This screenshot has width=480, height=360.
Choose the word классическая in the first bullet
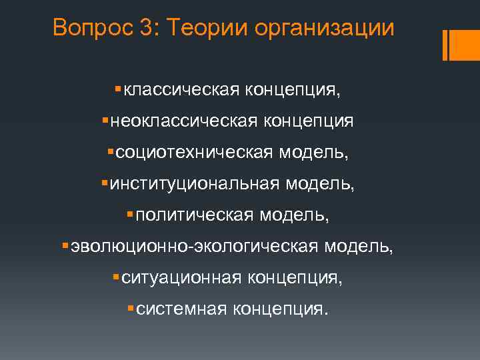pos(176,90)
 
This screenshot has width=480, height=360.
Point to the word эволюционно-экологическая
pos(193,247)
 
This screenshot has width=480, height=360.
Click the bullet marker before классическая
pos(118,89)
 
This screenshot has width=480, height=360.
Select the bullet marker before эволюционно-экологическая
pos(65,245)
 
